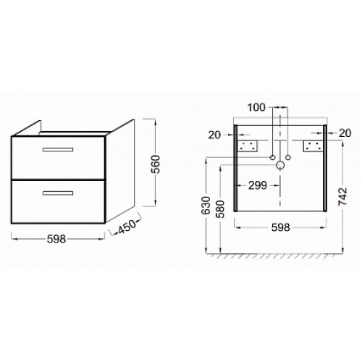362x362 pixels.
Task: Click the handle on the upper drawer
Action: pos(58,150)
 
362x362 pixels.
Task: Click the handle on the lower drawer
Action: pos(58,193)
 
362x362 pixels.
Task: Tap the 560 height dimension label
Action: pos(156,164)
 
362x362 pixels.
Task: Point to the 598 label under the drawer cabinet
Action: pos(56,239)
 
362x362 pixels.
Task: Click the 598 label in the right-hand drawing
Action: pos(280,227)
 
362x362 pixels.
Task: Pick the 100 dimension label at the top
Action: pos(256,107)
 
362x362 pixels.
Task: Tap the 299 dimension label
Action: pos(258,185)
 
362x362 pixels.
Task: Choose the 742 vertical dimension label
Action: pos(342,196)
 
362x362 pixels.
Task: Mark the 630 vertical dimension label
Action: pos(206,206)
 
